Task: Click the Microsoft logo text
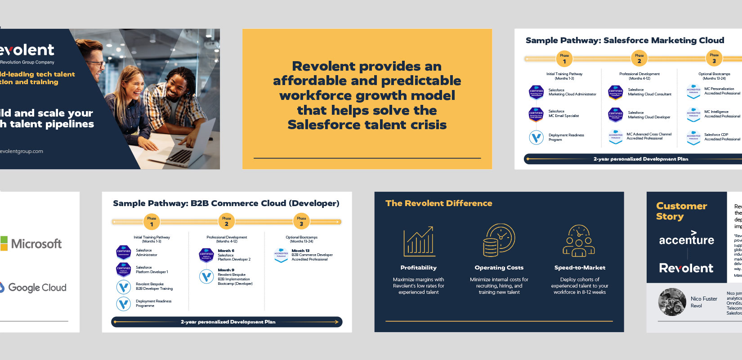(x=36, y=244)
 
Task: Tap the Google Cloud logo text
(x=37, y=288)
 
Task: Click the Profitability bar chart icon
(x=419, y=241)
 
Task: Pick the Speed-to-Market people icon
(x=579, y=241)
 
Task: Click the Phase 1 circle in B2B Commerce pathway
(x=152, y=222)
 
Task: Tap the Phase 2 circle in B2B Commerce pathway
(x=226, y=222)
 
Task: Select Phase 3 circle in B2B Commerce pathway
(x=301, y=222)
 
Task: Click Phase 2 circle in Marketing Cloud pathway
(x=639, y=59)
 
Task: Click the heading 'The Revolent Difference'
(x=438, y=203)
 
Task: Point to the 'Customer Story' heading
(x=681, y=211)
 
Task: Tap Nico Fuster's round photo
(x=672, y=301)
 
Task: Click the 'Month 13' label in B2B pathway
(x=300, y=251)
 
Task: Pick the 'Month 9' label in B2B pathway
(x=226, y=270)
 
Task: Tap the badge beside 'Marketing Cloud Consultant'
(x=615, y=92)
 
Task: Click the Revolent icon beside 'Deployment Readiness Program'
(x=536, y=137)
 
